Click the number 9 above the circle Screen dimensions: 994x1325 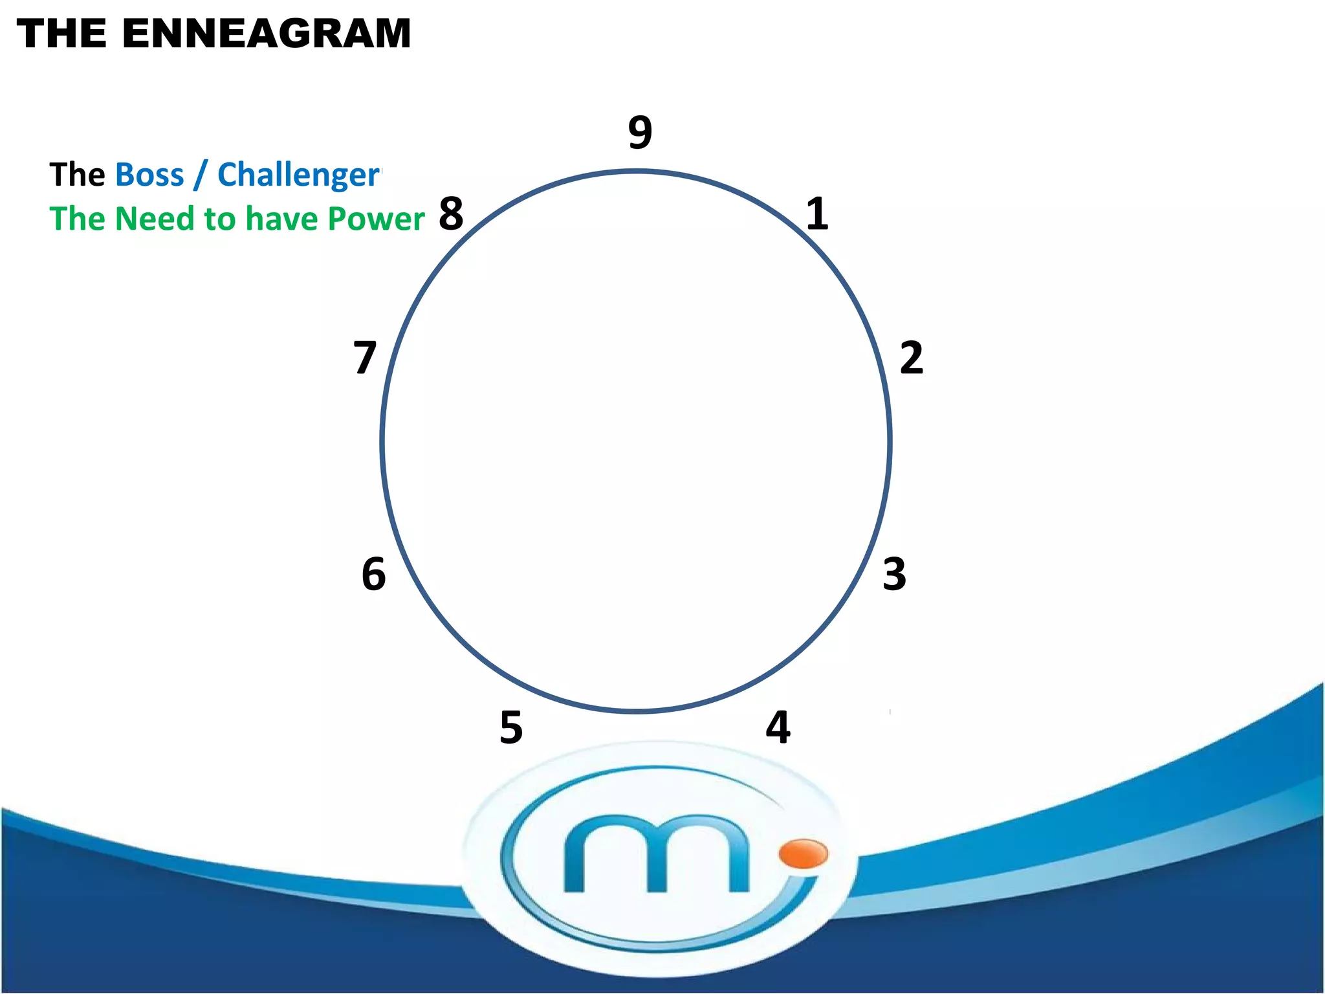coord(640,133)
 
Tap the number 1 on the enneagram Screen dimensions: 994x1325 coord(817,214)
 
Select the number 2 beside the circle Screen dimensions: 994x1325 coord(911,358)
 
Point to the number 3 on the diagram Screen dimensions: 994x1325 coord(894,574)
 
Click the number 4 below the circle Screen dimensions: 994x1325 coord(778,727)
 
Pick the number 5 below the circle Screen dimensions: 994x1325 coord(511,727)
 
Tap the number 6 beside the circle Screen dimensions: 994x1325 coord(374,574)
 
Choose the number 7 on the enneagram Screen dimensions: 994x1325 coord(365,358)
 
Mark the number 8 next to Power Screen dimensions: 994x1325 coord(451,214)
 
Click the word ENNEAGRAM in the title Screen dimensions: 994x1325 coord(266,34)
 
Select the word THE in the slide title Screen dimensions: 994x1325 coord(61,34)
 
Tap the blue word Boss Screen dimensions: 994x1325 coord(149,175)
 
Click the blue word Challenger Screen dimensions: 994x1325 coord(298,175)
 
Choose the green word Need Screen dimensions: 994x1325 coord(155,219)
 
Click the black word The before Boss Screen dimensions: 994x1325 coord(77,175)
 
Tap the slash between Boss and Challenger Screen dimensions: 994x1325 coord(201,175)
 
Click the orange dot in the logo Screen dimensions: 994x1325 coord(803,853)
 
